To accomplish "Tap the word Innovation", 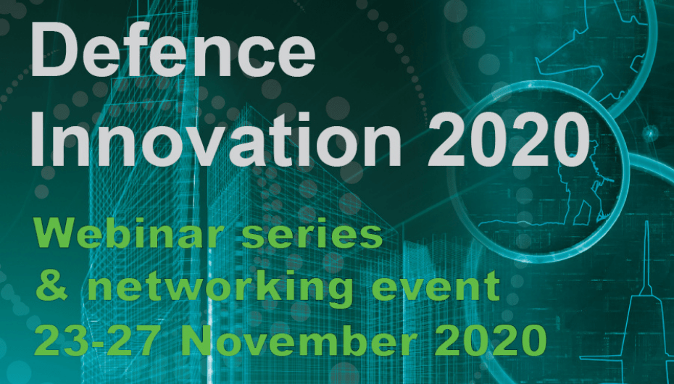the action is [x=215, y=138].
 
